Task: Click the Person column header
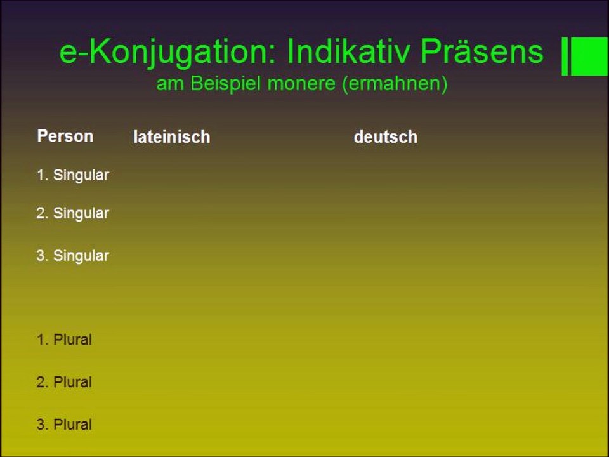point(65,136)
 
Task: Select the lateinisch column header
point(171,137)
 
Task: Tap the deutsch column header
point(385,137)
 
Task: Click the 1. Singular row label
point(72,175)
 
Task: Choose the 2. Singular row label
point(72,213)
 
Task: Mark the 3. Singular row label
point(72,256)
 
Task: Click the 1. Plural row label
point(64,340)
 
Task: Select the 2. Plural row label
point(64,382)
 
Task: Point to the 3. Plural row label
point(64,425)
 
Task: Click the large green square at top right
point(589,56)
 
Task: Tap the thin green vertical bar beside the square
point(565,56)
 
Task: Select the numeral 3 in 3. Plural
point(41,425)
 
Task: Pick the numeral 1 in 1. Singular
point(41,175)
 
